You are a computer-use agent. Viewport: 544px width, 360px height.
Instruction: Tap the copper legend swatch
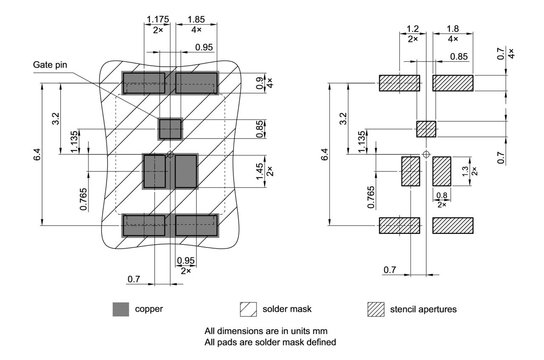click(121, 309)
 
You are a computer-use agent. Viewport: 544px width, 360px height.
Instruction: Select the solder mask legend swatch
click(248, 309)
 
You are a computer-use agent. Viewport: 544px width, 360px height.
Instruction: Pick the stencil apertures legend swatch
click(376, 309)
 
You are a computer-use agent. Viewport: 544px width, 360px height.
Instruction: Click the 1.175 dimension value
click(158, 20)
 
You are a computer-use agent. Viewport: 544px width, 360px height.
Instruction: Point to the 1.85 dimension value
click(196, 20)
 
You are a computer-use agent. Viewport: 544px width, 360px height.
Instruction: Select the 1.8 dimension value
click(453, 29)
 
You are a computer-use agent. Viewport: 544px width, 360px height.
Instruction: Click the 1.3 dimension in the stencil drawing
click(465, 171)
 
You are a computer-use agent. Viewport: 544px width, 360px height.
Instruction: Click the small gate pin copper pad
click(170, 129)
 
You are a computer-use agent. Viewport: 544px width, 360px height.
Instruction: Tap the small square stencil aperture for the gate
click(426, 129)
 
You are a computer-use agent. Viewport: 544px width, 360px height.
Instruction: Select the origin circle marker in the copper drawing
click(170, 154)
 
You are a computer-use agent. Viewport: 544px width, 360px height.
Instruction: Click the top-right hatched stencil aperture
click(453, 83)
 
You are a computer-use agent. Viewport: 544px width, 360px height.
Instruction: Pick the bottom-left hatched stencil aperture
click(399, 225)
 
